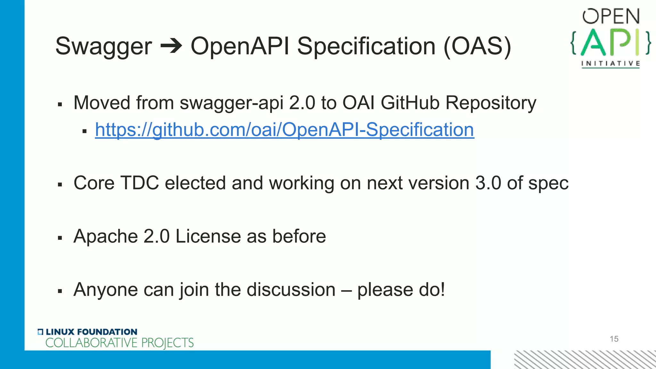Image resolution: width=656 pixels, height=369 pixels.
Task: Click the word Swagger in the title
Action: point(103,47)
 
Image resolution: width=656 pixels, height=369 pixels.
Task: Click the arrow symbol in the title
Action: point(171,47)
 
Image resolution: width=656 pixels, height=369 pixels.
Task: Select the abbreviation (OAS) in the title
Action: point(477,47)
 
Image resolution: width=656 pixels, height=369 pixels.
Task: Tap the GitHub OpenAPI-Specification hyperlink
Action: point(284,130)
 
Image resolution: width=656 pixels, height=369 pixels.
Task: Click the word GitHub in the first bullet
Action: point(410,103)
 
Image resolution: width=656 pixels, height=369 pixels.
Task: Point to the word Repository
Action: point(491,103)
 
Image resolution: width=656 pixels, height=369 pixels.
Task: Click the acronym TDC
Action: point(140,183)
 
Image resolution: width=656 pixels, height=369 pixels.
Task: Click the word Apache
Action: point(105,237)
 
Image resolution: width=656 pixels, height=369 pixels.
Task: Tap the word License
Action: point(208,236)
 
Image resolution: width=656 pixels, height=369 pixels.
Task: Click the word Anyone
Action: point(105,290)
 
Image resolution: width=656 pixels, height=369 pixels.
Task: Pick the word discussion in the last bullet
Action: point(291,290)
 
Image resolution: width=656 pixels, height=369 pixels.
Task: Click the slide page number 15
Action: point(614,339)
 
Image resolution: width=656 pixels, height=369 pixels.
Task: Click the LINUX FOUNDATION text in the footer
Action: point(91,332)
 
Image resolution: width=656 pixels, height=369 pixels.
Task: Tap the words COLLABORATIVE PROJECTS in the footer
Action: point(119,343)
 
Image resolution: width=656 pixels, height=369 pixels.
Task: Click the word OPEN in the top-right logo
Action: point(611,16)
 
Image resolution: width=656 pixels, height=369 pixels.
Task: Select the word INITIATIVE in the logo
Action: point(611,63)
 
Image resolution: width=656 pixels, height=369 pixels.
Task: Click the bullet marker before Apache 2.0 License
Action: point(60,238)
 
